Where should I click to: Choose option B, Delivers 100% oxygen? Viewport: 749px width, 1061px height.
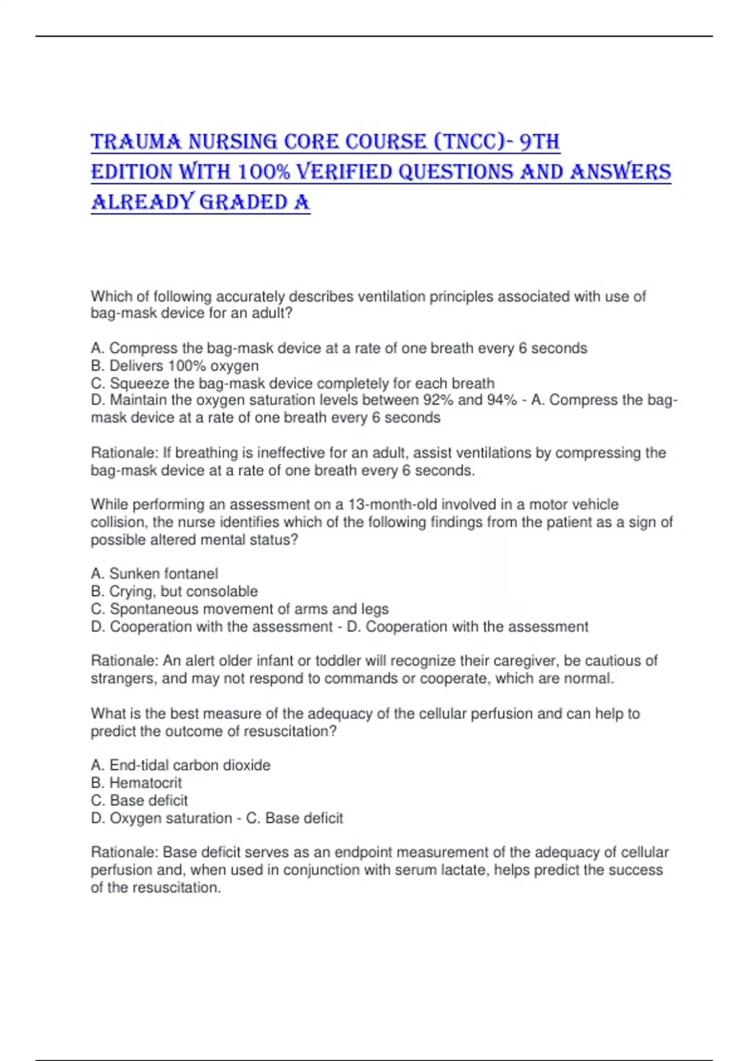[x=175, y=366]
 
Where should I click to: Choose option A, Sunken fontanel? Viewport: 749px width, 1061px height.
[x=154, y=574]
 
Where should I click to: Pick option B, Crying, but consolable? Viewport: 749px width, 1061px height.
[x=174, y=591]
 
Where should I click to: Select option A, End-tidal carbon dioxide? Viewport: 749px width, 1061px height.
[x=180, y=765]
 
